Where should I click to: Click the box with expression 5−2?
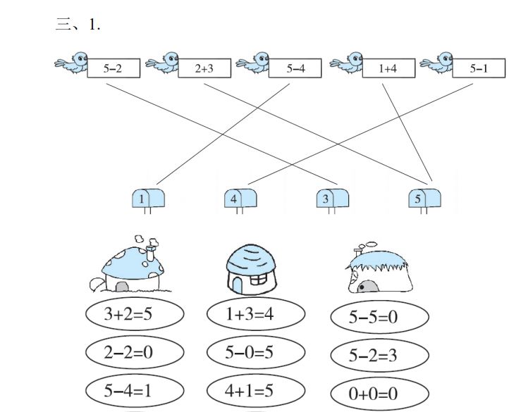[114, 69]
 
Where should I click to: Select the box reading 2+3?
[205, 69]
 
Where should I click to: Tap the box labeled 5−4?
[295, 69]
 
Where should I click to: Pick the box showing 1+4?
[388, 69]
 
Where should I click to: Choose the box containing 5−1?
[479, 69]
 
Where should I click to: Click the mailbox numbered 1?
[149, 199]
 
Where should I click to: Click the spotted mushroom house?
[133, 266]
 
